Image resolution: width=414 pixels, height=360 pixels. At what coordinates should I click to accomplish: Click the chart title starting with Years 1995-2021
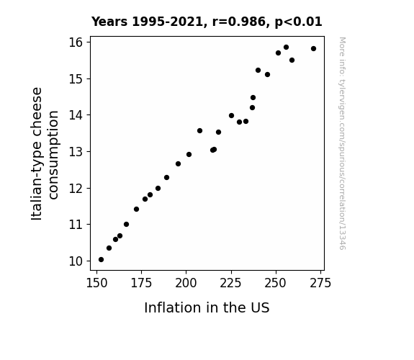207,22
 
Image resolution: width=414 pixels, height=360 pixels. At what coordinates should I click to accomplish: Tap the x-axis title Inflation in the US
207,307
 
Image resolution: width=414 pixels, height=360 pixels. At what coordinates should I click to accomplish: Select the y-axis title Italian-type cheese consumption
45,153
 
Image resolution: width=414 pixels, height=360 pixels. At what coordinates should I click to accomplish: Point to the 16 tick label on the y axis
76,42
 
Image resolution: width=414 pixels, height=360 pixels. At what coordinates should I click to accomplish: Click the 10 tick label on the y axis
76,261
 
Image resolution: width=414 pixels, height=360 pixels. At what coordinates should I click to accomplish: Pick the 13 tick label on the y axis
76,152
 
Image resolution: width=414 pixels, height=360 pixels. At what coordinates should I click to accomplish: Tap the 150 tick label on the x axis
97,283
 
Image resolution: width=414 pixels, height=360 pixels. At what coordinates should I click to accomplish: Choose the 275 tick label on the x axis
320,283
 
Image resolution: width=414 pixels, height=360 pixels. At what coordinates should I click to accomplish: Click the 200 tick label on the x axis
186,283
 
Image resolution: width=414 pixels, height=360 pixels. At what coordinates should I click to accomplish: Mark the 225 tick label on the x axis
231,283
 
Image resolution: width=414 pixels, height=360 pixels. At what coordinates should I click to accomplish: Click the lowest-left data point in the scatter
101,260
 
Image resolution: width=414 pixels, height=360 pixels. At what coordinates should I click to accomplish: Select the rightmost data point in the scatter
313,48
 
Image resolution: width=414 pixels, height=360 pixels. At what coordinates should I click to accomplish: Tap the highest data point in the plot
287,48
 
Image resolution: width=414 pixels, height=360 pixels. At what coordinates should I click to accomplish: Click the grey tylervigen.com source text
342,143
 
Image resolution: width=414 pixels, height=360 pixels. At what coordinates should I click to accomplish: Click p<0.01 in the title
299,22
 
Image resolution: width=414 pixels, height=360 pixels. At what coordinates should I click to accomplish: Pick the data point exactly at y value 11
127,224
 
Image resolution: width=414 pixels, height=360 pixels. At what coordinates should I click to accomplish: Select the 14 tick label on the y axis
76,115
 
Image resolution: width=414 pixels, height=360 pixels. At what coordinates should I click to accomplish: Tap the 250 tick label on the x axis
276,283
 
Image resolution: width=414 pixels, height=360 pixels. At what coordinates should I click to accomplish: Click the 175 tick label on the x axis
142,283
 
